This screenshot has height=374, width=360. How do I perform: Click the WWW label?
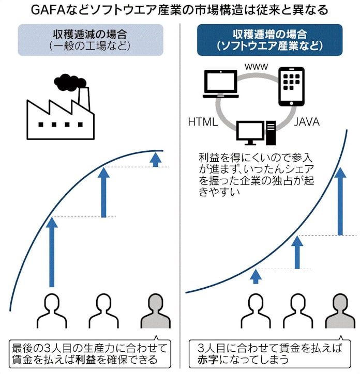click(256, 67)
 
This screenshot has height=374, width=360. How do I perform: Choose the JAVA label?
click(307, 122)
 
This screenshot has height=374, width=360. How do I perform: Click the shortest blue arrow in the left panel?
click(155, 159)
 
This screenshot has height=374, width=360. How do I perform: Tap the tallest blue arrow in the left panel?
click(52, 252)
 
